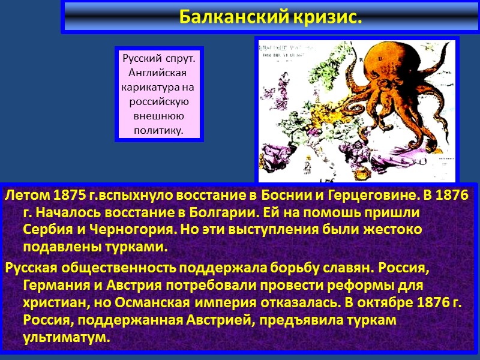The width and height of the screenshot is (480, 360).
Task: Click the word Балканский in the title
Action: pyautogui.click(x=233, y=17)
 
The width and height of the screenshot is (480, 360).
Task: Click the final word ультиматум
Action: pyautogui.click(x=67, y=337)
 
